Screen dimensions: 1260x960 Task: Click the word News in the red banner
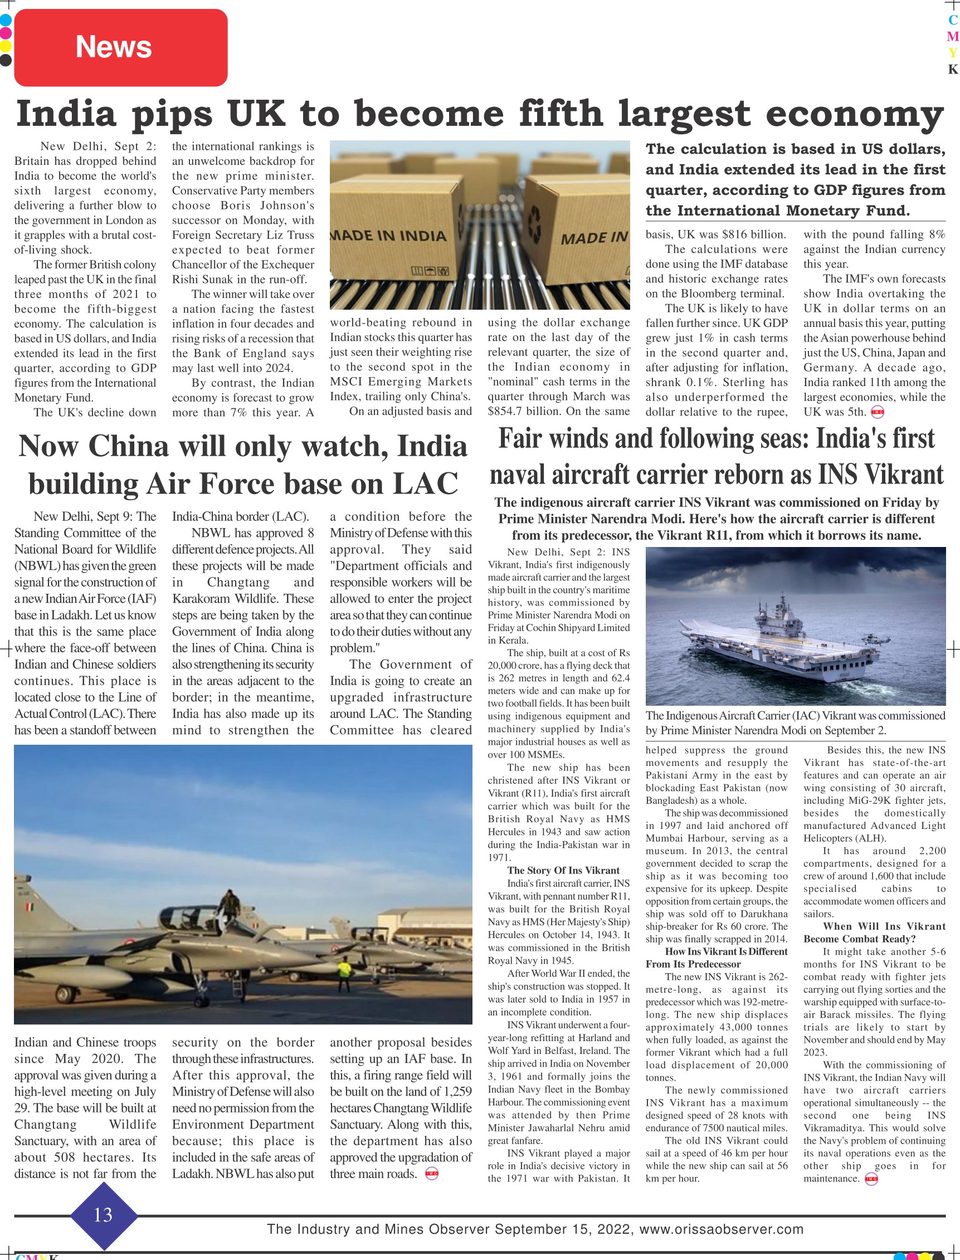(x=114, y=47)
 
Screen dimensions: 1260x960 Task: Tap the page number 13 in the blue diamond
(x=103, y=1214)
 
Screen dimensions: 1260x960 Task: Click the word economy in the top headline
(x=854, y=114)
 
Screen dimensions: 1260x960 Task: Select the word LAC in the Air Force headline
(x=425, y=484)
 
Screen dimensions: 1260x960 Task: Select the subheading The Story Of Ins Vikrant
(x=563, y=871)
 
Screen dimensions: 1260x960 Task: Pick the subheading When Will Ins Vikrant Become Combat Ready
(x=874, y=932)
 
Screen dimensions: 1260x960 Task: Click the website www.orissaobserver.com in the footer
(x=721, y=1229)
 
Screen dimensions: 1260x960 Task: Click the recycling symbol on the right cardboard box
(x=537, y=221)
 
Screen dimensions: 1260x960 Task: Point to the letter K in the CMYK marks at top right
(x=953, y=69)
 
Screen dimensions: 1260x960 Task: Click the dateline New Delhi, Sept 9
(x=94, y=516)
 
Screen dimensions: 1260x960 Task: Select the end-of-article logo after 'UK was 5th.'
(x=877, y=412)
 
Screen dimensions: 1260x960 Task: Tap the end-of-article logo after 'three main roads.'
(x=432, y=1174)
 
